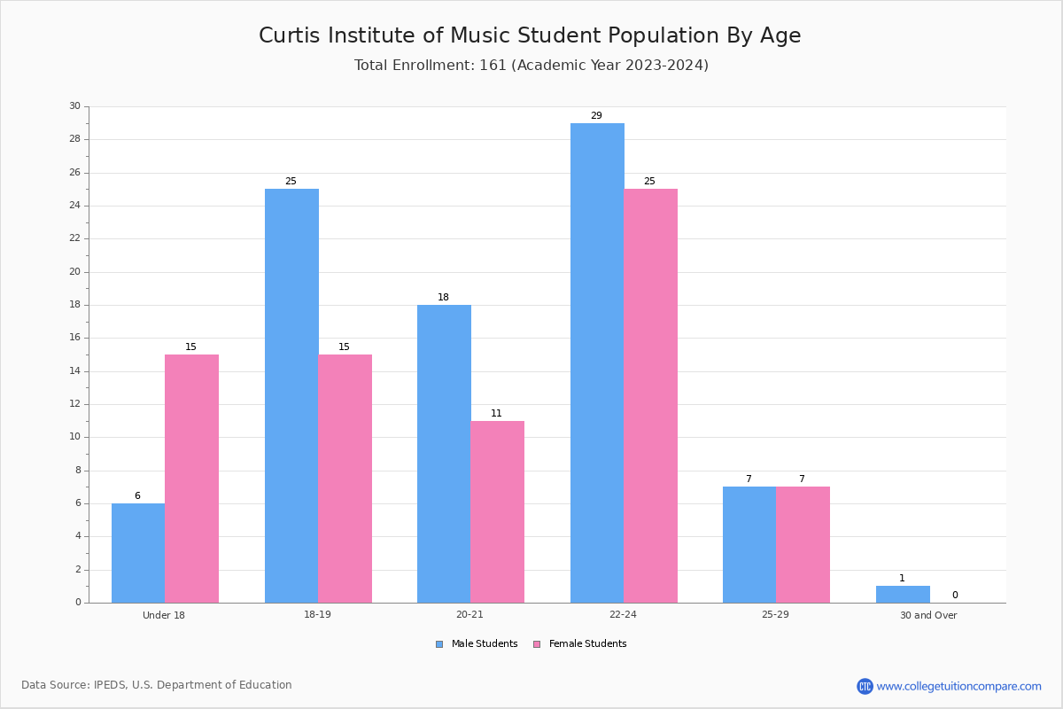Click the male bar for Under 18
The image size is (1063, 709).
(138, 553)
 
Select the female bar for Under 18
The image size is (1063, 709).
(191, 479)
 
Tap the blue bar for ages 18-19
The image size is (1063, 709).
(291, 396)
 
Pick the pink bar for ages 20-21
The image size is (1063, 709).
(497, 512)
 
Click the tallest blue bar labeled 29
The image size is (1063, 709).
(597, 363)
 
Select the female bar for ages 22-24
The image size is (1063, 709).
(650, 396)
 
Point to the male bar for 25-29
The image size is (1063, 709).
(749, 545)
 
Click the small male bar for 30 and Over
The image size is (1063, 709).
(903, 595)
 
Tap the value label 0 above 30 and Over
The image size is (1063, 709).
(955, 595)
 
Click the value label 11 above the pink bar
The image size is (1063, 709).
(496, 413)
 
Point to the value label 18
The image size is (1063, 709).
(443, 297)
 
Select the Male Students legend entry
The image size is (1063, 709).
(477, 643)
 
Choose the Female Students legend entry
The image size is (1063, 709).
(580, 643)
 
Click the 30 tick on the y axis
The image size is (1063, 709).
(75, 105)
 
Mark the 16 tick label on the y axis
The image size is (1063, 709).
(75, 338)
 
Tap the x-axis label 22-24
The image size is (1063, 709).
(623, 614)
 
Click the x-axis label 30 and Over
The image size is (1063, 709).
(928, 615)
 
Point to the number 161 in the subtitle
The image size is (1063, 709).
(493, 65)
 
